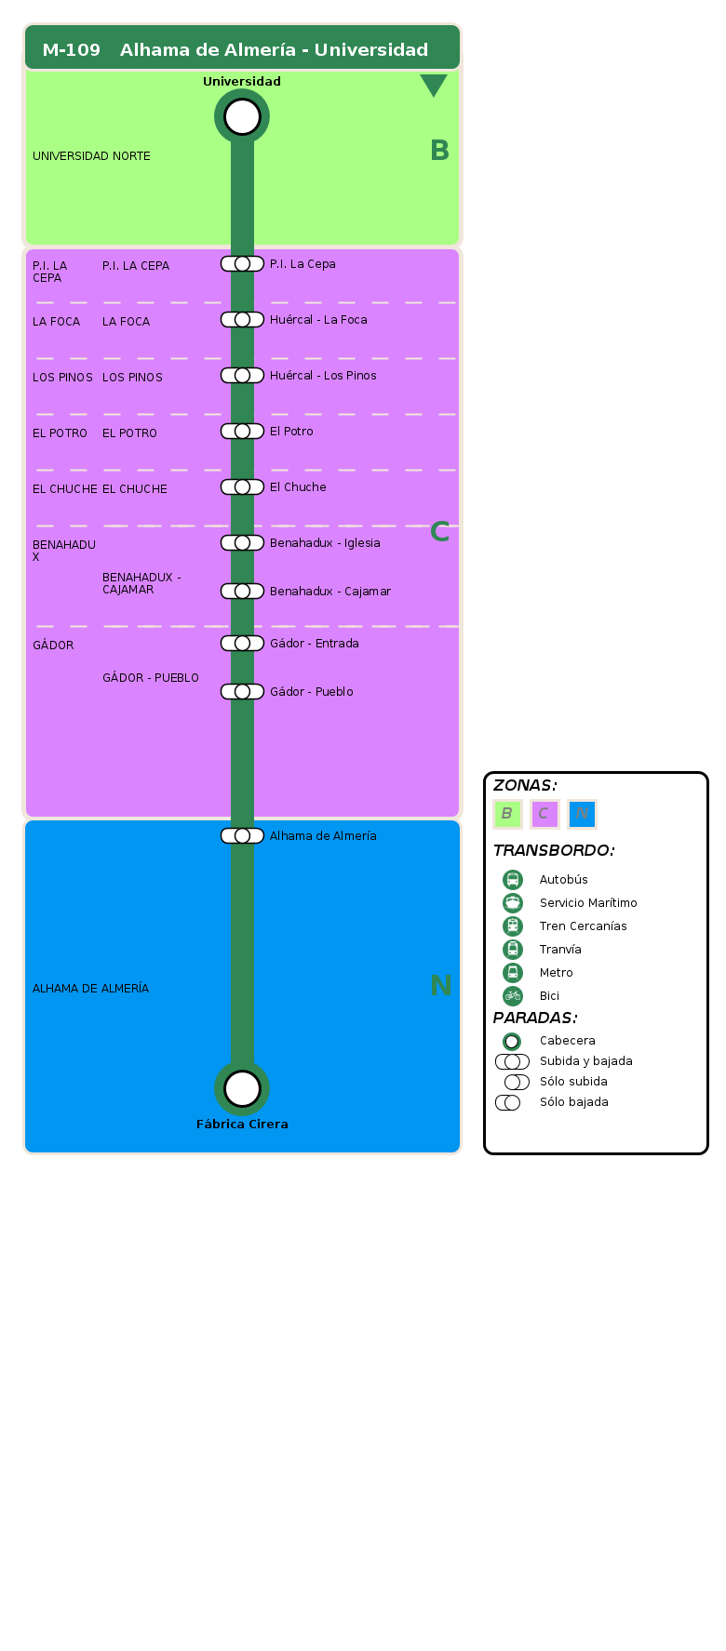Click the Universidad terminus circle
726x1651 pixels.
click(x=242, y=117)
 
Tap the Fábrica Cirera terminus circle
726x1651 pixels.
click(x=242, y=1087)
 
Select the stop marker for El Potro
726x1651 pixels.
click(x=242, y=432)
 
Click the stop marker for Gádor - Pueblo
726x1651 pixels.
click(x=242, y=692)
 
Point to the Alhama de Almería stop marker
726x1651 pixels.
click(x=242, y=836)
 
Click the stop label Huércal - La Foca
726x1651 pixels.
click(x=318, y=320)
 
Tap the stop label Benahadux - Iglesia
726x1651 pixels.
click(x=325, y=543)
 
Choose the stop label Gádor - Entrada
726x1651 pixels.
click(x=314, y=644)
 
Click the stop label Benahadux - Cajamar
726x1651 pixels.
click(x=329, y=592)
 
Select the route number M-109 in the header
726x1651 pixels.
click(x=72, y=50)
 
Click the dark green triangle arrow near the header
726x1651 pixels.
click(x=434, y=85)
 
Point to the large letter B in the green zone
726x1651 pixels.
click(x=439, y=151)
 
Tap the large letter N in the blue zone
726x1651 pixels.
click(x=440, y=985)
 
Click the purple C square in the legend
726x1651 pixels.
click(x=544, y=814)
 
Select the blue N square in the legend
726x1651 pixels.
click(x=582, y=814)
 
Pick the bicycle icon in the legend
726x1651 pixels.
click(x=513, y=996)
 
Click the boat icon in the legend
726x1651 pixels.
click(x=513, y=903)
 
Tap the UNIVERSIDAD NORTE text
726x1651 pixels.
click(x=91, y=156)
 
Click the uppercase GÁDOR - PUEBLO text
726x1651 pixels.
click(x=151, y=678)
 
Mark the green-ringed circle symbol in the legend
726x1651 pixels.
click(x=512, y=1042)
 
